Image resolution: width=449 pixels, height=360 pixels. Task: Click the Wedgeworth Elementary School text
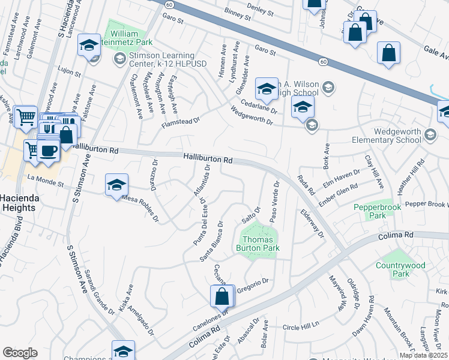[397, 136]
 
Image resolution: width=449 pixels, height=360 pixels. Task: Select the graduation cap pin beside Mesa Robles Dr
[117, 184]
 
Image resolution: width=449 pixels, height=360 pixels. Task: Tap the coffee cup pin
[49, 150]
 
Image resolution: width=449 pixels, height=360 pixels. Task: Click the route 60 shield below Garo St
[322, 61]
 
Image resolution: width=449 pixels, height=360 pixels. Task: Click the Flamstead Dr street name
[180, 123]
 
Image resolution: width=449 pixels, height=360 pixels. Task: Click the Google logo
[20, 353]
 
